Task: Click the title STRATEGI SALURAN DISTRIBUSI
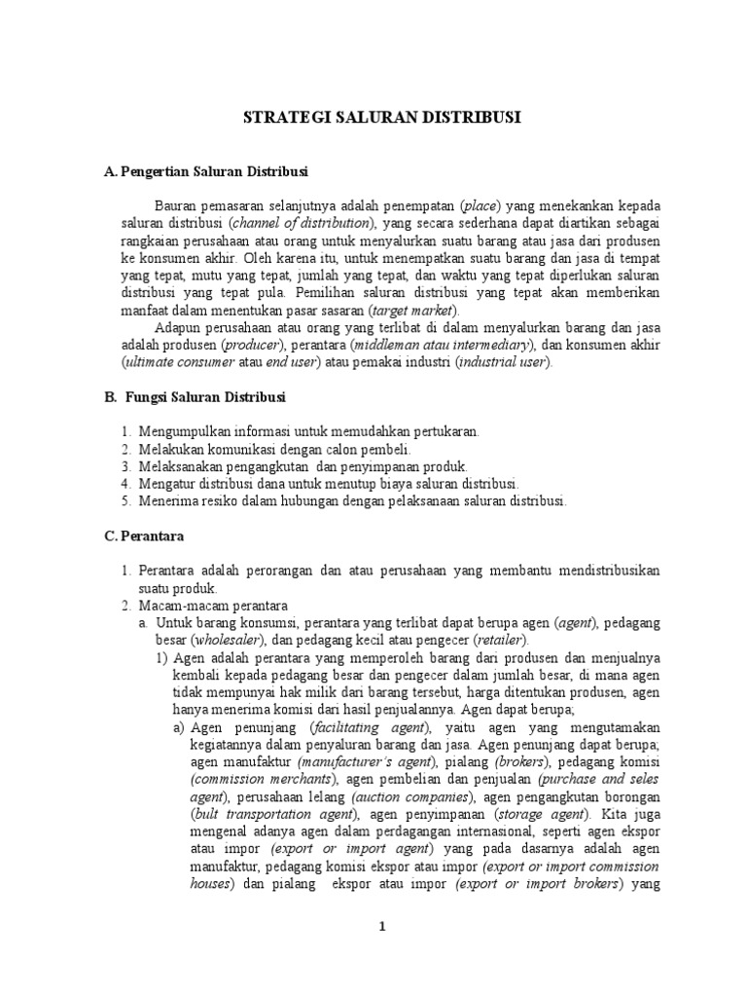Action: [x=381, y=117]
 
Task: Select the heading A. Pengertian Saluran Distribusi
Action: [x=204, y=171]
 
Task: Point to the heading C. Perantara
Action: [x=143, y=535]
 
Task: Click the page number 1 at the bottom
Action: [x=382, y=926]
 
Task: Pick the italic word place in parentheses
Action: [x=480, y=205]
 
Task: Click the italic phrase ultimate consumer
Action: [x=180, y=362]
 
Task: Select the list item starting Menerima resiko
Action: [x=352, y=501]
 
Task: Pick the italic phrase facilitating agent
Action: [x=368, y=727]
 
